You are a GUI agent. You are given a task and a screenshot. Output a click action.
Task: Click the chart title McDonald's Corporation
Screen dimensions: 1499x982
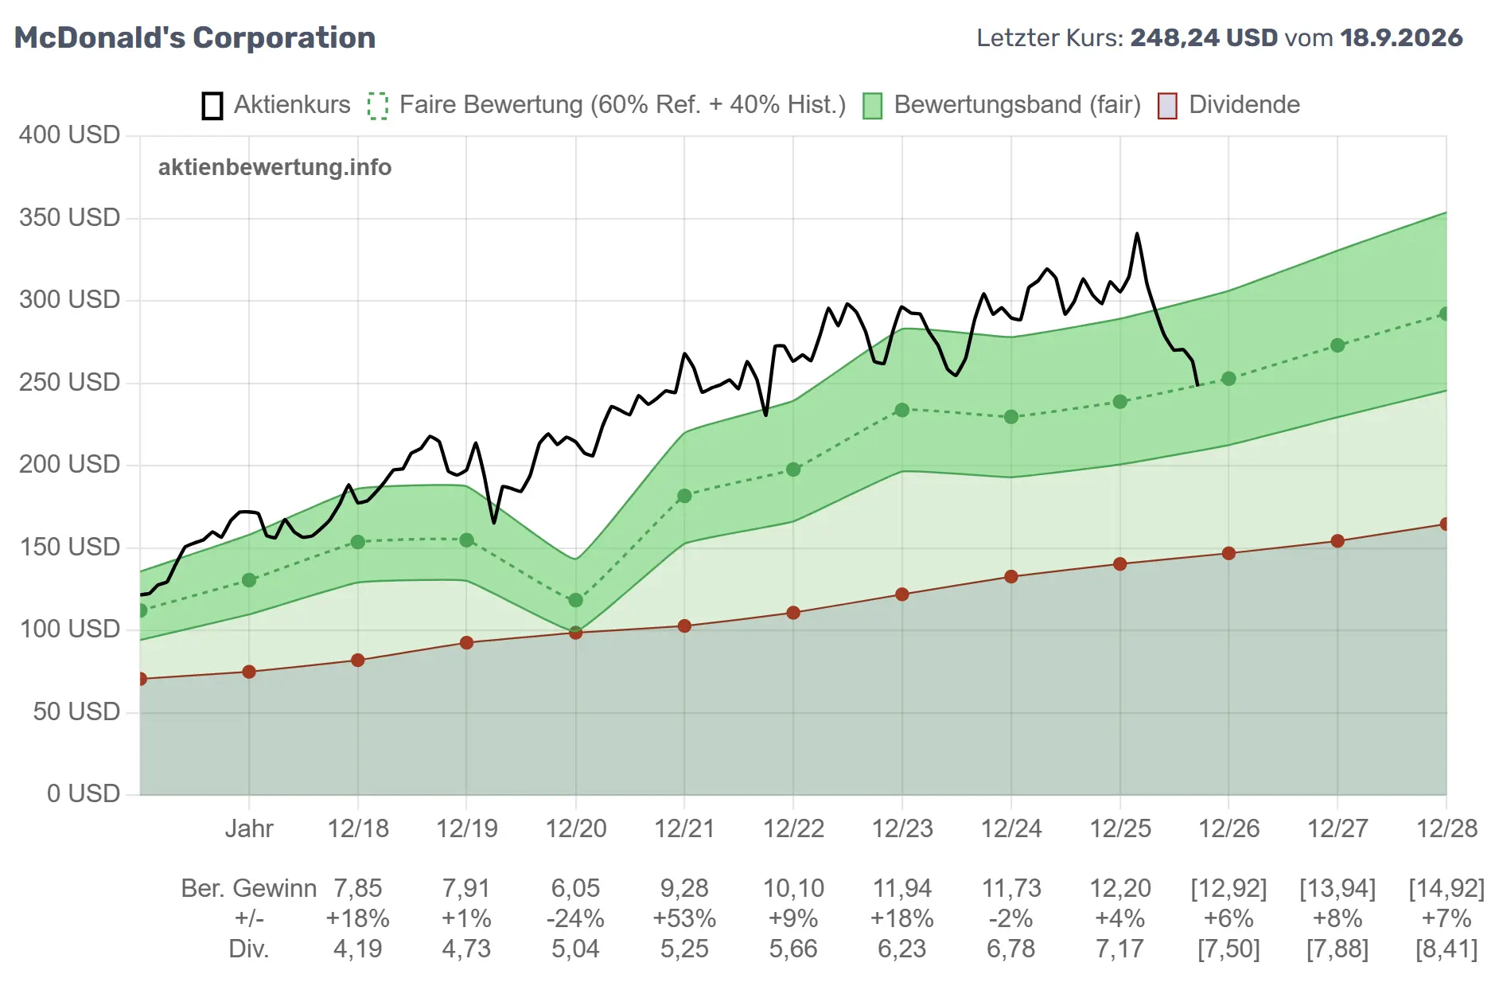[x=195, y=37]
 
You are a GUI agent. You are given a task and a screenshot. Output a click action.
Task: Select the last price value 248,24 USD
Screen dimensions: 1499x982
[x=1204, y=37]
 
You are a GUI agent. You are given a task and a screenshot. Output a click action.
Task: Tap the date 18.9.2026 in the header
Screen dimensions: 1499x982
[x=1401, y=37]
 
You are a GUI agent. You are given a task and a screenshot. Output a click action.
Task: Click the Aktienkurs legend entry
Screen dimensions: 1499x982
[x=276, y=105]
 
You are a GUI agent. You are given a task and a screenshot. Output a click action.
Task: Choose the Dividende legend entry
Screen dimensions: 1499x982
[x=1229, y=105]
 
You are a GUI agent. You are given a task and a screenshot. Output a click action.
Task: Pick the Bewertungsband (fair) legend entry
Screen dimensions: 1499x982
[x=1003, y=105]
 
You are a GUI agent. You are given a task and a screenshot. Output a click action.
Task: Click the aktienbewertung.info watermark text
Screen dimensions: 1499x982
[x=274, y=167]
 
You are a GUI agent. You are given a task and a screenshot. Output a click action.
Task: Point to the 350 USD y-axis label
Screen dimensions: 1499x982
[x=69, y=217]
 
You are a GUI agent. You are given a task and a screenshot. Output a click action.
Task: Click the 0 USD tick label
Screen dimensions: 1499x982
[x=84, y=793]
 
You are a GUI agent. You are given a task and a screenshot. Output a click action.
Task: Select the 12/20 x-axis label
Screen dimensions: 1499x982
[x=575, y=828]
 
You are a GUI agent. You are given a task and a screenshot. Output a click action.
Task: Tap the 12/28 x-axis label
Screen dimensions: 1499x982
[x=1446, y=828]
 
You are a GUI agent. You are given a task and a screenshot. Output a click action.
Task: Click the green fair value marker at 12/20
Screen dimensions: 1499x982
[x=575, y=600]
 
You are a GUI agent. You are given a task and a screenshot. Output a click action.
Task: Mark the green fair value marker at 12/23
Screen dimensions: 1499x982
[x=901, y=410]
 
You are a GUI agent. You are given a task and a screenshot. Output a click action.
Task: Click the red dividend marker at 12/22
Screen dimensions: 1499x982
[x=793, y=613]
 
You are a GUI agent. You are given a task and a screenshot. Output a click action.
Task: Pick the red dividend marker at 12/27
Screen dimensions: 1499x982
[x=1337, y=541]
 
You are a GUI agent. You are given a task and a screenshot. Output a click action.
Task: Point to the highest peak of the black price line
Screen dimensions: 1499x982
[x=1137, y=234]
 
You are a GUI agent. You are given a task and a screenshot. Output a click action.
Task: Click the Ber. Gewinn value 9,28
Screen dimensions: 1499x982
[x=684, y=888]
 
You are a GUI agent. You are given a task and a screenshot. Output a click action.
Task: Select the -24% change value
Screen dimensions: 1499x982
[x=575, y=918]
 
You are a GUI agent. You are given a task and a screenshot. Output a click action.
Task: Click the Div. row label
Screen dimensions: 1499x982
[x=249, y=949]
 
